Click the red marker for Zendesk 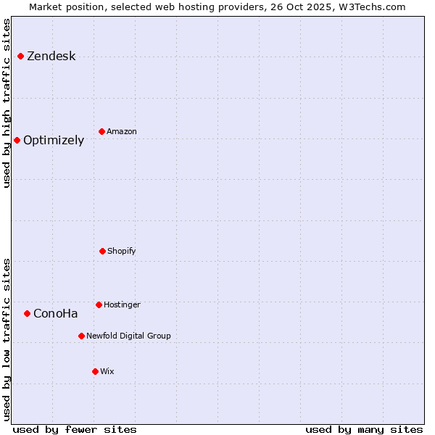pos(20,57)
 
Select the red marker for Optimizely pos(17,140)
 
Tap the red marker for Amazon pos(101,131)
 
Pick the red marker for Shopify pos(102,251)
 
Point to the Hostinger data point pos(99,304)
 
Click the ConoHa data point pos(27,313)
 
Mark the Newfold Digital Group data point pos(81,336)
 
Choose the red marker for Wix pos(95,371)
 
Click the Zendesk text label pos(51,57)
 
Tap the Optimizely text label pos(54,141)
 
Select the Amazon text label pos(122,131)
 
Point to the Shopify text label pos(122,251)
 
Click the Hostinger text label pos(122,304)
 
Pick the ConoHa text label pos(55,314)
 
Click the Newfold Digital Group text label pos(128,336)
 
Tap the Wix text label pos(107,371)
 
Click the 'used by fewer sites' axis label pos(75,429)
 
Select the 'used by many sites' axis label pos(364,429)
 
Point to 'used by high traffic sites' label pos(7,103)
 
